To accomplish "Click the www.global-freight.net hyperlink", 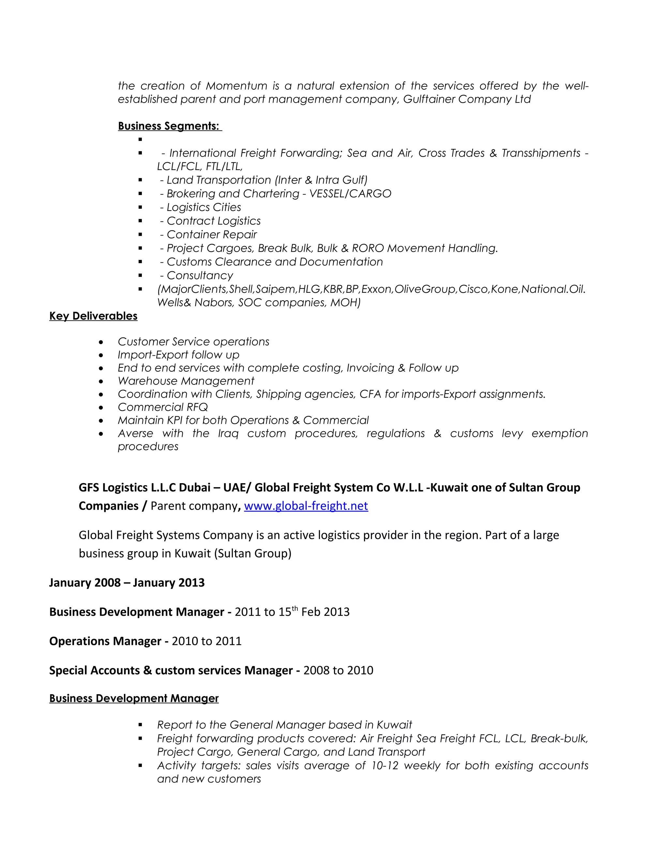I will (x=306, y=506).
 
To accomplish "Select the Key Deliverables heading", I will (x=93, y=316).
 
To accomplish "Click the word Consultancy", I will (x=200, y=276).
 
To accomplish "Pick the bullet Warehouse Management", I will (x=186, y=381).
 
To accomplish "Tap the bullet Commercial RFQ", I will (x=163, y=407).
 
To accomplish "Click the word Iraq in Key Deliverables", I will (x=228, y=434).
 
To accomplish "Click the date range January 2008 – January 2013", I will (x=127, y=583).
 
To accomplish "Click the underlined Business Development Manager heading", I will (x=134, y=698).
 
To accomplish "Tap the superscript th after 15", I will (x=295, y=608).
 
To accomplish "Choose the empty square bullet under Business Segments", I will (x=140, y=140).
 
